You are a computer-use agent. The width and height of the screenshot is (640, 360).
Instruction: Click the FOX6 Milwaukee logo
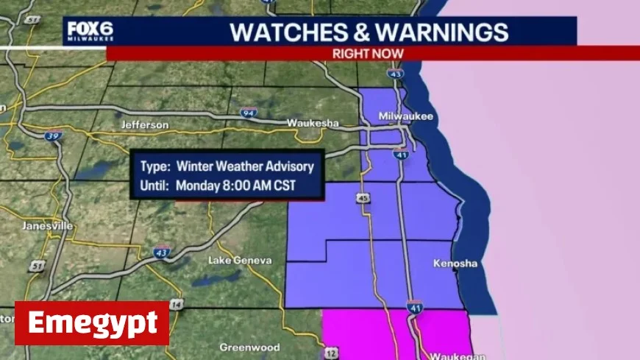coord(90,32)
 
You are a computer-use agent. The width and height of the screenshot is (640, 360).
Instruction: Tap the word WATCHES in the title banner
coord(277,32)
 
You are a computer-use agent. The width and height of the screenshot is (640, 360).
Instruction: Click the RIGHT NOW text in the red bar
coord(369,53)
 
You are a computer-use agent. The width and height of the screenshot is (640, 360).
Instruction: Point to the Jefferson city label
coord(144,125)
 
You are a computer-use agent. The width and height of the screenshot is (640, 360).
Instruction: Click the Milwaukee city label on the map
coord(406,117)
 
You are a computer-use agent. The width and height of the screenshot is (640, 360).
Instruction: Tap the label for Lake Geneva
coord(240,261)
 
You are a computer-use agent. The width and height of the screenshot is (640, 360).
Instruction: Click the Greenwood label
coord(249,346)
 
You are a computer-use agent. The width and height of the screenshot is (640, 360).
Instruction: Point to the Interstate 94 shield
coord(248,113)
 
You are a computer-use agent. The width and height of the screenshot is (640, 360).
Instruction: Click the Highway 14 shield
coord(175,305)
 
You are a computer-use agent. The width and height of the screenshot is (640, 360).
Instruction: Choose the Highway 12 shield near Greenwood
coord(331,353)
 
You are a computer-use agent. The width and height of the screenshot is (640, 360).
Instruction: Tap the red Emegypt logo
coord(92,323)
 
